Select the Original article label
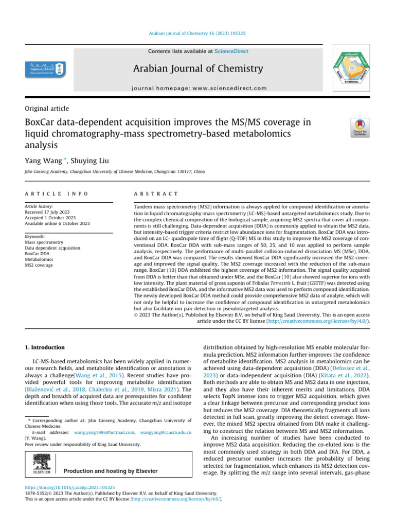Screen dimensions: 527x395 pos(47,108)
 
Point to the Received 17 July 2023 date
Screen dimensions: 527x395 pos(49,211)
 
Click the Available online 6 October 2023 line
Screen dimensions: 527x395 pos(57,223)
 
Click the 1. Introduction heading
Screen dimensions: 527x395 pos(45,347)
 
